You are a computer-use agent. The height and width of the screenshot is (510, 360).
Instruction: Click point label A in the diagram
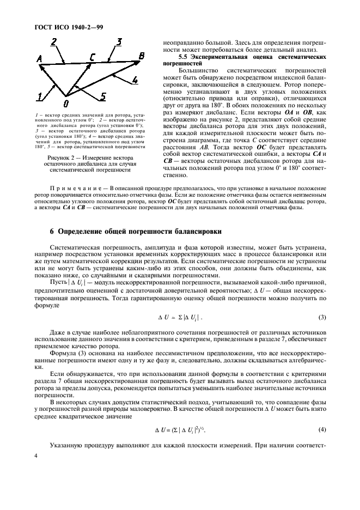tap(39, 59)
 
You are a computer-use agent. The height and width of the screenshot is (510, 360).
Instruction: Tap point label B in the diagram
tap(142, 56)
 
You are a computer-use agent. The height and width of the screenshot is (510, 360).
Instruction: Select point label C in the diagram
tap(93, 58)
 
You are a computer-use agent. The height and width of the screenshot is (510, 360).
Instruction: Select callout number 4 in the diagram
tap(135, 80)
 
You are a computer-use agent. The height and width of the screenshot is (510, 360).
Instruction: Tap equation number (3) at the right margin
tap(322, 317)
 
